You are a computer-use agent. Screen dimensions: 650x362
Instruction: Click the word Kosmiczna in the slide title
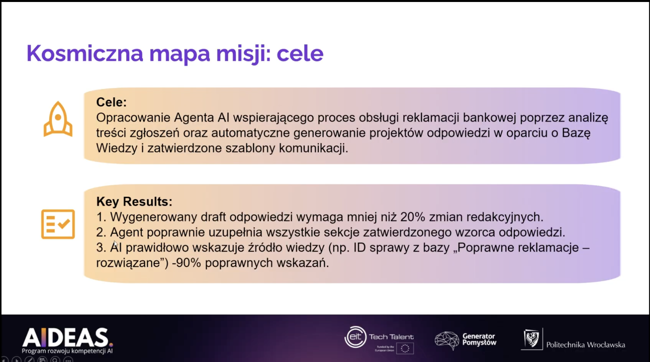point(85,53)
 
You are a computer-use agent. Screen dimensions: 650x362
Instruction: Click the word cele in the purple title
point(300,53)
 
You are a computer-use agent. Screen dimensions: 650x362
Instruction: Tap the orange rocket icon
point(58,119)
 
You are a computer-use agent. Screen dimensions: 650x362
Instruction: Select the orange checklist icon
point(58,224)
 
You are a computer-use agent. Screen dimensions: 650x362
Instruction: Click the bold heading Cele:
point(111,102)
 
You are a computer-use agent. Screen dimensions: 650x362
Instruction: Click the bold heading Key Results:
point(134,201)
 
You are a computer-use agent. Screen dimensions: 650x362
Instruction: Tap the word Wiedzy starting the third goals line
point(117,148)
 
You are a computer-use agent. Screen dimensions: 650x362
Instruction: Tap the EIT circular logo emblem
point(355,337)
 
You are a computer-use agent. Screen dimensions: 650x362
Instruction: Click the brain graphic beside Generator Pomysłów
point(447,340)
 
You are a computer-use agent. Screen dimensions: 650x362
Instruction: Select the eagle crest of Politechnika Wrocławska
point(532,339)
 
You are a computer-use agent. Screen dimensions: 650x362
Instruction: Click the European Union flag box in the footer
point(405,348)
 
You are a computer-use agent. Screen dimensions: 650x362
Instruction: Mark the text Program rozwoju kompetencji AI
point(67,351)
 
